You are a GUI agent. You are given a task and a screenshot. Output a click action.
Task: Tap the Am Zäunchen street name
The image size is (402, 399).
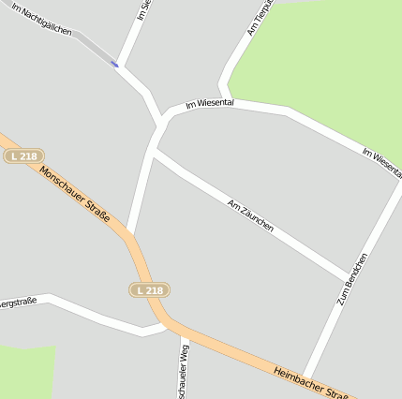(x=250, y=215)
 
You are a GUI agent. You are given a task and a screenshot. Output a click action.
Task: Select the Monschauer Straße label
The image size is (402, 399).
(x=74, y=194)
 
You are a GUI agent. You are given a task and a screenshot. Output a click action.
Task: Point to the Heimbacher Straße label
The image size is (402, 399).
(x=311, y=383)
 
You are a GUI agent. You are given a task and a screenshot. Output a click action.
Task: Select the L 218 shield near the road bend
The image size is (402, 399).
(x=149, y=290)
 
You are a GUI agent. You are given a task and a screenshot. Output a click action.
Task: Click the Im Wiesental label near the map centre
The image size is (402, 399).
(x=209, y=103)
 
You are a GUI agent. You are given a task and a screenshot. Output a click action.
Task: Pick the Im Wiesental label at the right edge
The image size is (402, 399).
(x=381, y=158)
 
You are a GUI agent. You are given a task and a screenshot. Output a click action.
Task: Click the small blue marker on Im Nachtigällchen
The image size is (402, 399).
(x=114, y=64)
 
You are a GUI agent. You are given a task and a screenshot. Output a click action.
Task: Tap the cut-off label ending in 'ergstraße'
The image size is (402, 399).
(x=18, y=302)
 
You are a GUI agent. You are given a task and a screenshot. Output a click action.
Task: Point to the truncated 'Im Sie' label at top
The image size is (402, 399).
(x=143, y=10)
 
